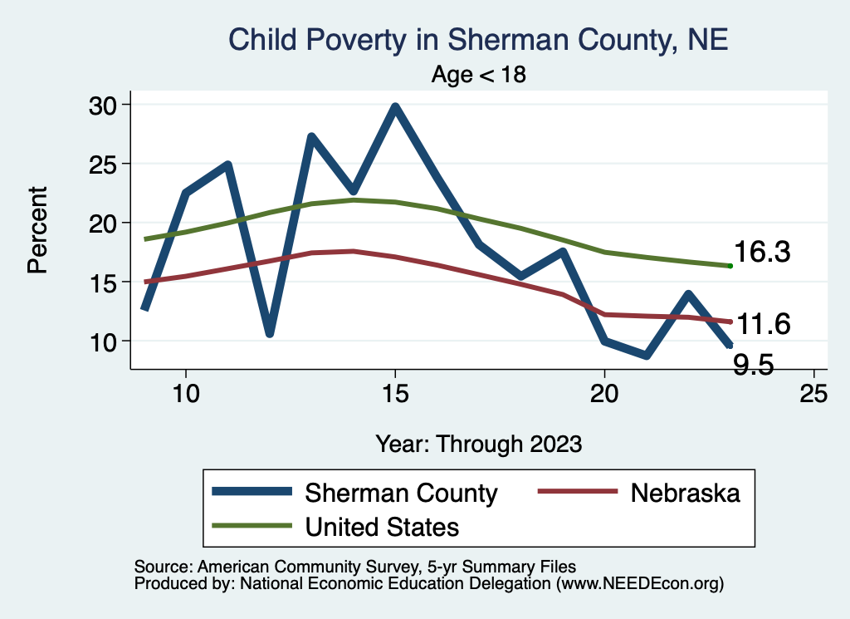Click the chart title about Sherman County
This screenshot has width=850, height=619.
coord(477,40)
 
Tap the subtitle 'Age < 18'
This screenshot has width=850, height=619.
coord(479,75)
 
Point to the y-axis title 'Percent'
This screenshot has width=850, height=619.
coord(37,229)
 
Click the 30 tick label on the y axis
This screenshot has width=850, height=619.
coord(105,105)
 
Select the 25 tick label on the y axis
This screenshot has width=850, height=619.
coord(105,164)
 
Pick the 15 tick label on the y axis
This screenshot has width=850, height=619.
coord(105,282)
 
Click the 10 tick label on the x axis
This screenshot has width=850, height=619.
coord(186,394)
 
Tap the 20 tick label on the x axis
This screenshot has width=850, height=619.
coord(604,394)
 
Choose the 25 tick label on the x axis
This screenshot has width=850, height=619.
coord(813,394)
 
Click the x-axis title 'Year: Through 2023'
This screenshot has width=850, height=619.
coord(478,443)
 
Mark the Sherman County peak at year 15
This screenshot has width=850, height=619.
coord(395,107)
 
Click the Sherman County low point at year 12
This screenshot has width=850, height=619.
coord(270,333)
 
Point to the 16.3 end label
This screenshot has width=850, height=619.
coord(760,253)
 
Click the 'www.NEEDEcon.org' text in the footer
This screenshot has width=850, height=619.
coord(638,584)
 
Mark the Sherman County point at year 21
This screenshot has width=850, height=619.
coord(646,355)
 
